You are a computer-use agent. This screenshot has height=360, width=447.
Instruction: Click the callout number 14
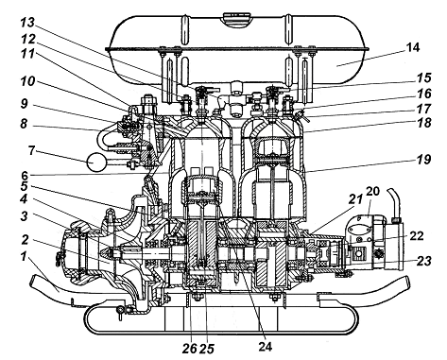[413, 48]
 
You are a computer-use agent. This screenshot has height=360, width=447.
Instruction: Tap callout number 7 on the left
[30, 150]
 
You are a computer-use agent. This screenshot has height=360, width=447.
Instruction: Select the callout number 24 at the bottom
[265, 347]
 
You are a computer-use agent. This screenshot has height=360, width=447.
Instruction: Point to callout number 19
[423, 159]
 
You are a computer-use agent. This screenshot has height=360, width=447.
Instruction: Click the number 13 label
[27, 23]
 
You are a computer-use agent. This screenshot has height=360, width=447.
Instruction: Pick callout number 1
[24, 257]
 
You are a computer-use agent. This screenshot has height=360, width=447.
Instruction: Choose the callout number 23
[423, 261]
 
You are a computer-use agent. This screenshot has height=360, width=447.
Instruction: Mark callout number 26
[189, 349]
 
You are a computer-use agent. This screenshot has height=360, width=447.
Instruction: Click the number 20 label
[372, 191]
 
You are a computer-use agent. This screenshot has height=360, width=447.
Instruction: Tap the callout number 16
[423, 94]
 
